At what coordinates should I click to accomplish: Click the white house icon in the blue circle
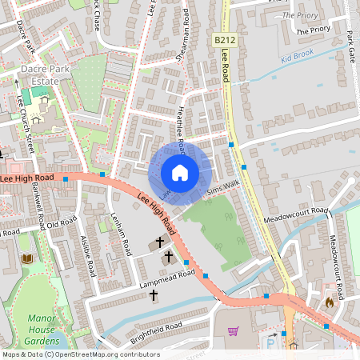(x=180, y=173)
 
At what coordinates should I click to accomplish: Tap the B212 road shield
(x=224, y=39)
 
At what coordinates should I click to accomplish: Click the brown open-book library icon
(x=27, y=258)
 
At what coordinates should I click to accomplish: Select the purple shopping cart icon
(x=234, y=331)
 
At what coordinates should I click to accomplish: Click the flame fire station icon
(x=329, y=302)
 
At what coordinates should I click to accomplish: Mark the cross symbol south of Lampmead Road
(x=153, y=295)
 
